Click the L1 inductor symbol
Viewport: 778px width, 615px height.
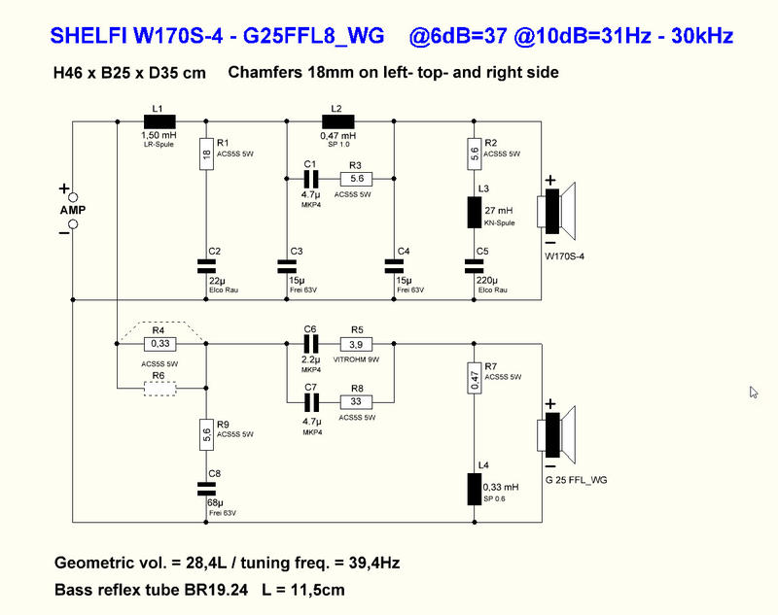point(159,122)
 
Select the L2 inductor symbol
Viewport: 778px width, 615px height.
point(336,122)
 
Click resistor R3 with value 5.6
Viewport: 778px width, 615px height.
point(356,179)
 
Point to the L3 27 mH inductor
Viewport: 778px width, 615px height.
point(475,211)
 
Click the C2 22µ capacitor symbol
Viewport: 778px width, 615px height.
point(206,263)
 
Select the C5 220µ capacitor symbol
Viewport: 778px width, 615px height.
point(475,263)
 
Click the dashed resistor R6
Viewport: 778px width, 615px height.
point(159,389)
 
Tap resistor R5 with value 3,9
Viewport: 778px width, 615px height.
point(356,343)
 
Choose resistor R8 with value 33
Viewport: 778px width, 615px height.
point(356,400)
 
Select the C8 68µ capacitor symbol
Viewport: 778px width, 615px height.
point(206,485)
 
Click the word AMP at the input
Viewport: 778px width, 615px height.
point(72,211)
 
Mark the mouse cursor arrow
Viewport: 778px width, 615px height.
point(754,392)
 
